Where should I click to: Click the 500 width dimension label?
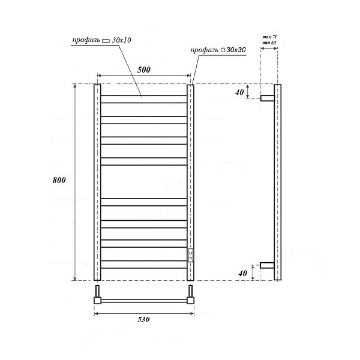pyautogui.click(x=143, y=70)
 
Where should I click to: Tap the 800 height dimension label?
pyautogui.click(x=58, y=180)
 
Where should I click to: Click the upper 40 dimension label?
pyautogui.click(x=240, y=92)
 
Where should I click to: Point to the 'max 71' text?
pyautogui.click(x=269, y=38)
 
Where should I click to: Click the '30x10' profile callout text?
pyautogui.click(x=122, y=40)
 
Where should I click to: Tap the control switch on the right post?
pyautogui.click(x=190, y=255)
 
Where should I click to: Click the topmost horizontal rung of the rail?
pyautogui.click(x=143, y=95)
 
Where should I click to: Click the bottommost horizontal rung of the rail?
pyautogui.click(x=143, y=268)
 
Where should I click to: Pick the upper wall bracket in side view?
pyautogui.click(x=267, y=97)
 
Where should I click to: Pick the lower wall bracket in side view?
pyautogui.click(x=267, y=265)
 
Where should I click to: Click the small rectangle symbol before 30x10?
pyautogui.click(x=106, y=40)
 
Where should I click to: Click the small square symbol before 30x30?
pyautogui.click(x=223, y=50)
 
